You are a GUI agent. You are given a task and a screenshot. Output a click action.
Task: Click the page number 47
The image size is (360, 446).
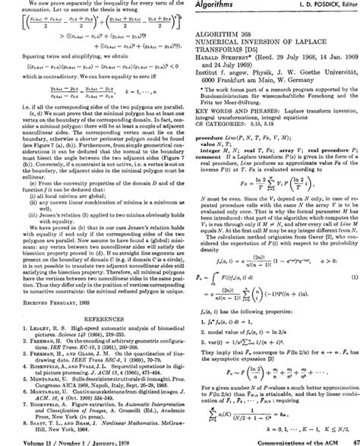pos(351,441)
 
